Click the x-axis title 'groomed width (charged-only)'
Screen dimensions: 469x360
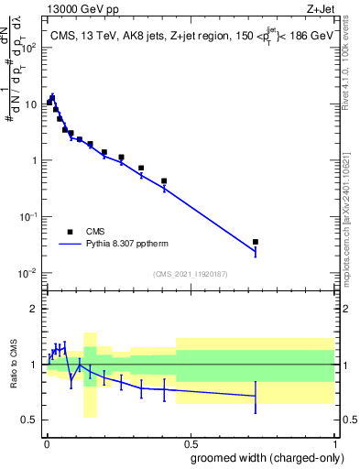(x=262, y=456)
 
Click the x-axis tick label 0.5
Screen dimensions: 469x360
(x=190, y=442)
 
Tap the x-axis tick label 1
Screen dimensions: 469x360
(x=334, y=442)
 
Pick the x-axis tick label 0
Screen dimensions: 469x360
(x=46, y=442)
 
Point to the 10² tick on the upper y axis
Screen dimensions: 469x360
(x=29, y=48)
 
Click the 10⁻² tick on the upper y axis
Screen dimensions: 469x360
(x=29, y=273)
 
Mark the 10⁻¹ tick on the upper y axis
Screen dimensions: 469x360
(x=29, y=217)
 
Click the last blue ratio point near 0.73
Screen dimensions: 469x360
(x=256, y=396)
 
